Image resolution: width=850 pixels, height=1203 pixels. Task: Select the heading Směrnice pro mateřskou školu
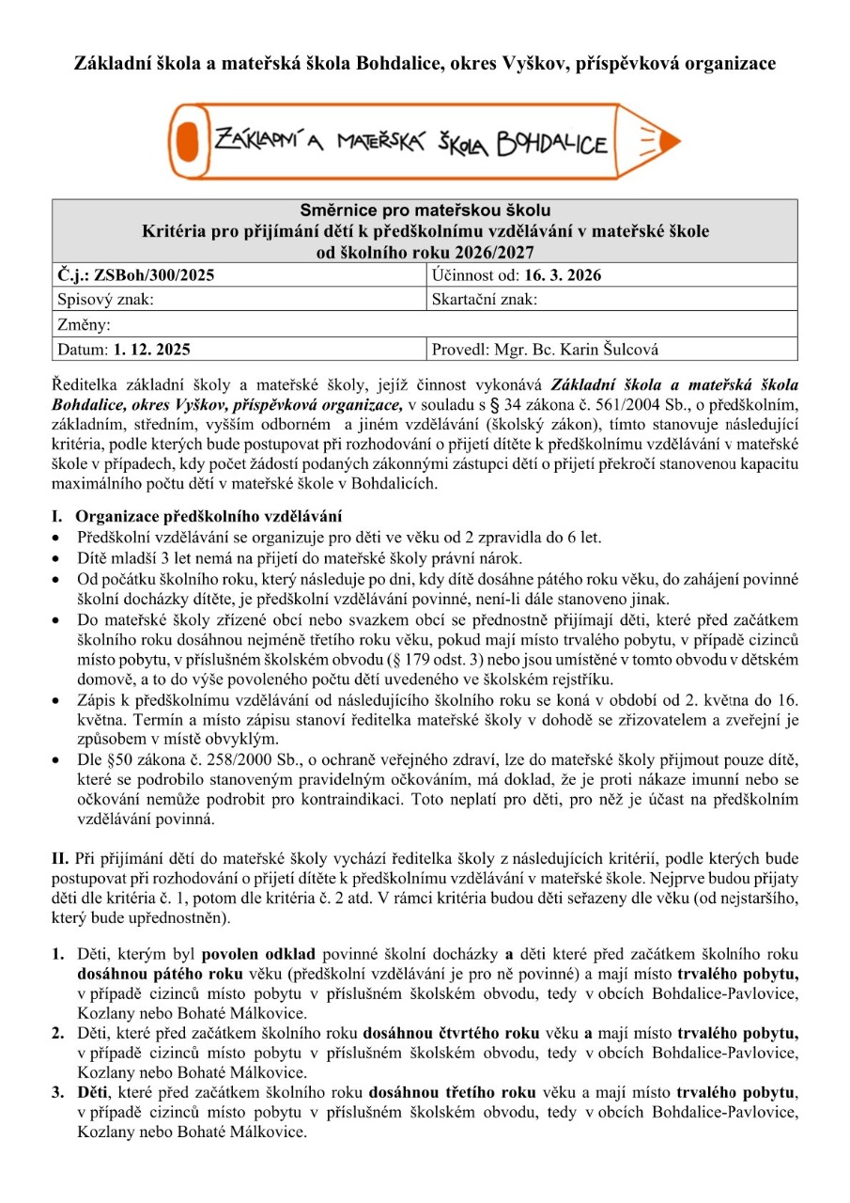pyautogui.click(x=425, y=210)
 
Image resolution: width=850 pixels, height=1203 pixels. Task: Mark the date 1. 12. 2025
pyautogui.click(x=152, y=350)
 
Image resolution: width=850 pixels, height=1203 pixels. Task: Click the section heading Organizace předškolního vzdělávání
pyautogui.click(x=209, y=516)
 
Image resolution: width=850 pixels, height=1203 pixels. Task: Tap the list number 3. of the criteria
pyautogui.click(x=58, y=1093)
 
